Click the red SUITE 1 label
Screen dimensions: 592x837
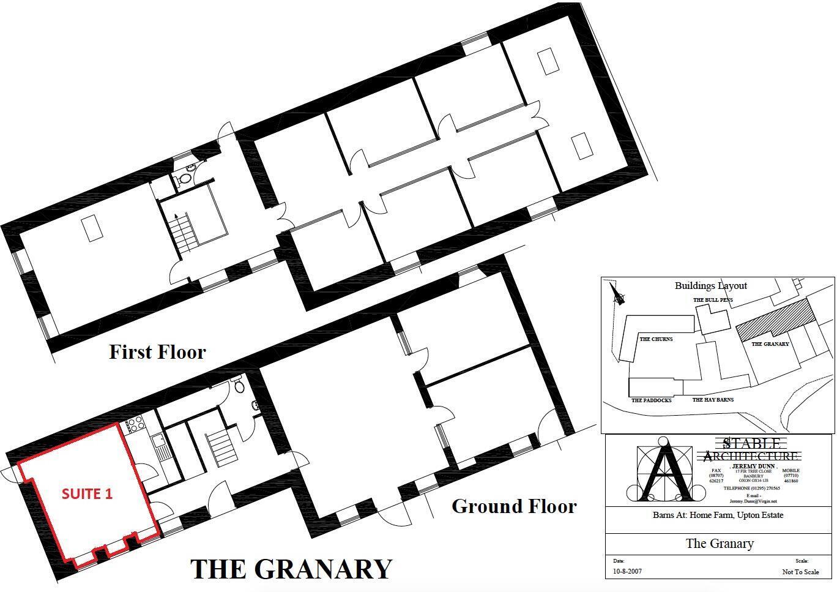pyautogui.click(x=87, y=494)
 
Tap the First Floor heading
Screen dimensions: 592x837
pyautogui.click(x=157, y=352)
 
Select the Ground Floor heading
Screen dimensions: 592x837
pyautogui.click(x=514, y=506)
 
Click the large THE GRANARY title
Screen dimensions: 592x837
pyautogui.click(x=291, y=569)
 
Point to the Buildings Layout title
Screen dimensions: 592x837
pyautogui.click(x=710, y=285)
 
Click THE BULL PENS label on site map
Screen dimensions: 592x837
pyautogui.click(x=713, y=300)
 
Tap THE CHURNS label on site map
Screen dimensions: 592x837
pyautogui.click(x=656, y=339)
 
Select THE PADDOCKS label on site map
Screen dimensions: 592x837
pyautogui.click(x=651, y=400)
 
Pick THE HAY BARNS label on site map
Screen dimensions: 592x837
pyautogui.click(x=713, y=400)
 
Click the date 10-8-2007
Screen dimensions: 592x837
pyautogui.click(x=627, y=572)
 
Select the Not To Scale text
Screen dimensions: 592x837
pyautogui.click(x=800, y=572)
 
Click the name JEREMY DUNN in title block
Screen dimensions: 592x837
pyautogui.click(x=753, y=466)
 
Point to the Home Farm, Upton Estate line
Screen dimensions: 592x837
pyautogui.click(x=718, y=515)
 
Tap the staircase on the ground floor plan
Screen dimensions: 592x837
pyautogui.click(x=222, y=444)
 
